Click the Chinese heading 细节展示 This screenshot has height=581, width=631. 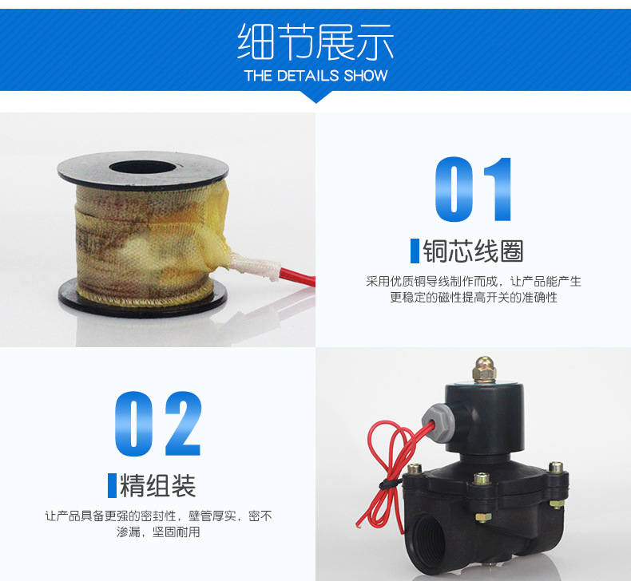coord(315,41)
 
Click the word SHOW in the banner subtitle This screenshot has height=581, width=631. coord(365,76)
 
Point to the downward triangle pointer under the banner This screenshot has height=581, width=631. coord(316,97)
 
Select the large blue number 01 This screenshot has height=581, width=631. coord(473,189)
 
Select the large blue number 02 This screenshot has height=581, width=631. coord(158,424)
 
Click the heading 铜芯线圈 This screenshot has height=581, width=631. coord(473,251)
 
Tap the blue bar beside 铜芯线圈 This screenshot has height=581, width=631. coord(415,251)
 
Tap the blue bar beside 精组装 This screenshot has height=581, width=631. coord(112,485)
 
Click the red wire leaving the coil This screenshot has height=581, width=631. coord(298,277)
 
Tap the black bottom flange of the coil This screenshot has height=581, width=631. coord(143,298)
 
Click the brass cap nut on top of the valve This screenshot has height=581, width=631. coord(485,370)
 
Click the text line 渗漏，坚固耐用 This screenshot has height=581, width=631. coord(158,532)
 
